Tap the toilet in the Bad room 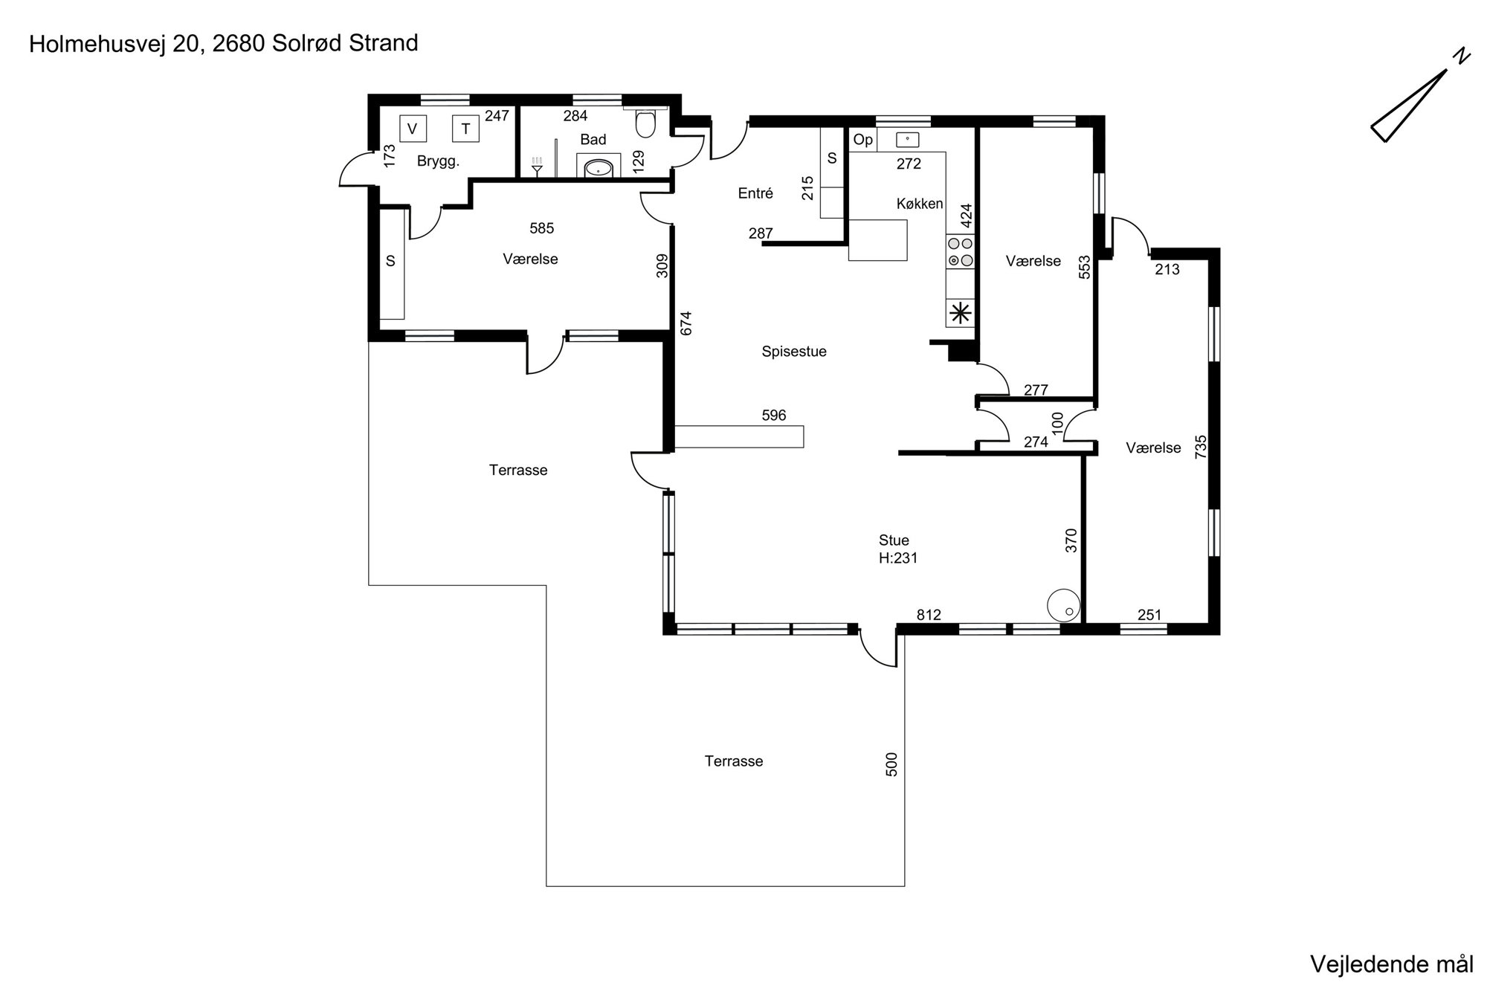(645, 123)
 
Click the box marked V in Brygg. (413, 128)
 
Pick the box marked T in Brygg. (465, 129)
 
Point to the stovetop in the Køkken (961, 251)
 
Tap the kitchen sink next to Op (908, 139)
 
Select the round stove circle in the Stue (1063, 605)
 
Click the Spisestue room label (794, 352)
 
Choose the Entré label (755, 193)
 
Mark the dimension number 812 (929, 615)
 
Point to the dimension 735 (1200, 447)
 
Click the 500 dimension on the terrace (892, 764)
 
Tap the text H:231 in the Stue (898, 558)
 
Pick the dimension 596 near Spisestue (774, 416)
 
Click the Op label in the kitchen (862, 140)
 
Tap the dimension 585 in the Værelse (541, 228)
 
